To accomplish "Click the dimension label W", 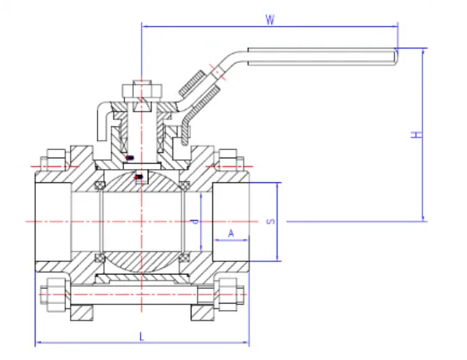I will [x=270, y=19].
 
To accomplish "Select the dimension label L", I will [x=141, y=336].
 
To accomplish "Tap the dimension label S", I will [x=269, y=221].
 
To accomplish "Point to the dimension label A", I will [x=231, y=233].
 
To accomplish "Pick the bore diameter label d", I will [x=195, y=221].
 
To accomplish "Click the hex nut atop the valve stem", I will [x=141, y=91].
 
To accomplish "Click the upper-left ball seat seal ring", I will [x=100, y=185].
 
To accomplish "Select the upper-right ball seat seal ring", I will [x=184, y=185].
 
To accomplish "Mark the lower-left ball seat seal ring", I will [x=100, y=257].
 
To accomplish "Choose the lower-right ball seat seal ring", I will [x=184, y=257].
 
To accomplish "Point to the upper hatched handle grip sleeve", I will [x=193, y=82].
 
